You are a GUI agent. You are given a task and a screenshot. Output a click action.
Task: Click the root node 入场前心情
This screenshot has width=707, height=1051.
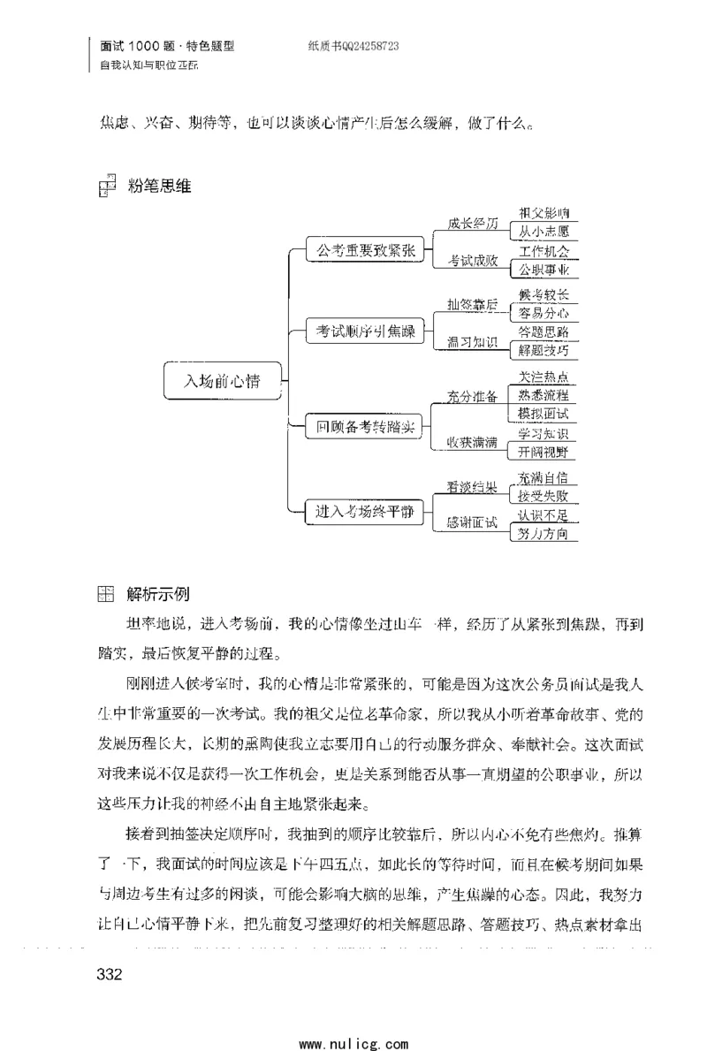pos(222,382)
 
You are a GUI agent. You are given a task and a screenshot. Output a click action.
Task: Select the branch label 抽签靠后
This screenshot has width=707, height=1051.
pos(472,306)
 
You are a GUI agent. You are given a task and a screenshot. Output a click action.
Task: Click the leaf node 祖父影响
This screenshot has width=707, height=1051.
pos(544,213)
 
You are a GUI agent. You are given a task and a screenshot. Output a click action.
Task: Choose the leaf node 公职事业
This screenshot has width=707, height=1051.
pos(544,270)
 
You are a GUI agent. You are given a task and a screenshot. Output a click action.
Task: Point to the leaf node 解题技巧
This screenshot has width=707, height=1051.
pos(544,350)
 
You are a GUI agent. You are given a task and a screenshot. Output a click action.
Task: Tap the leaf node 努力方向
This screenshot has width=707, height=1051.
pos(544,534)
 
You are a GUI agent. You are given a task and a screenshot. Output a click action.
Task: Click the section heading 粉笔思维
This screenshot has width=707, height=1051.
pos(159,186)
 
